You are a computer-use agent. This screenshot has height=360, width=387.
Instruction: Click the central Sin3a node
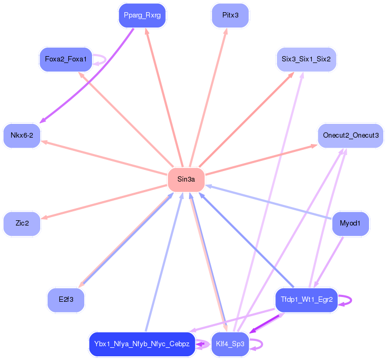(186, 179)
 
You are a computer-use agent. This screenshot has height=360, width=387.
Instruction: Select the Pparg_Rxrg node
(142, 15)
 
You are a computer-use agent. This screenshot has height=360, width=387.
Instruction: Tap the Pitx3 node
(230, 15)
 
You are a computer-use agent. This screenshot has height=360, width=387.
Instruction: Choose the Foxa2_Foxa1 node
(66, 59)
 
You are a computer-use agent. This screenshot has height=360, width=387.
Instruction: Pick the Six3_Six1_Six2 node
(305, 59)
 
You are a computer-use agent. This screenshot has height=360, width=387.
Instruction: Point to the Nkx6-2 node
(22, 136)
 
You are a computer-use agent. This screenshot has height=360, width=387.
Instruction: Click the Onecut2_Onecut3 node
(350, 136)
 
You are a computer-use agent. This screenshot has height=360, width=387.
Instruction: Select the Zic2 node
(22, 223)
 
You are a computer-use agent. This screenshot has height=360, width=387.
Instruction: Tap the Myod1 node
(350, 223)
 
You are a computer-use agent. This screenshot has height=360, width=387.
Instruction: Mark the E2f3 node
(66, 300)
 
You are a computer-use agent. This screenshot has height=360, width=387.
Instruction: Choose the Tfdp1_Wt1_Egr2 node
(306, 300)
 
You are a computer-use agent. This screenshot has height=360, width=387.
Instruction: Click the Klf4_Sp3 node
(230, 344)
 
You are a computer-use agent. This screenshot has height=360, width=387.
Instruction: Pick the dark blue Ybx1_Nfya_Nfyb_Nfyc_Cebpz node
(142, 344)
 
